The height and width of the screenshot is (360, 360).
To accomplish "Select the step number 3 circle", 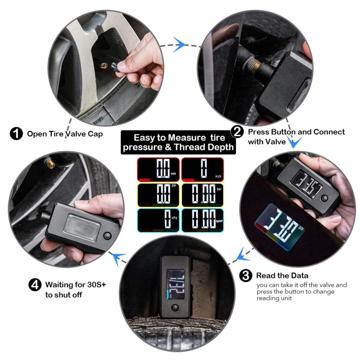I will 246,276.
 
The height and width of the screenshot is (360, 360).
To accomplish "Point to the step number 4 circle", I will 35,285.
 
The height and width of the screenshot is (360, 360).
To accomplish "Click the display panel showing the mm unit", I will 158,169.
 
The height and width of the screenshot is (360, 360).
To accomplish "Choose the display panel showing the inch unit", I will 202,169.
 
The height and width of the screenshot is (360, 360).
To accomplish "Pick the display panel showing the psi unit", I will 158,195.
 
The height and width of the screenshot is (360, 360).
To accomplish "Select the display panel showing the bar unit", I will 202,195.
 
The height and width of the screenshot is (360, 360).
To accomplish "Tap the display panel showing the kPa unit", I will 158,220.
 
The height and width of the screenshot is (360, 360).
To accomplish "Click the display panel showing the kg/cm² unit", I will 202,220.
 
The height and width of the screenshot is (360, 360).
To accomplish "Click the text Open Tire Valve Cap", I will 65,134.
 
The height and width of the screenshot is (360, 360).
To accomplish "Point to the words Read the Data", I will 282,276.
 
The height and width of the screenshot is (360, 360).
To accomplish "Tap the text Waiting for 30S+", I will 76,285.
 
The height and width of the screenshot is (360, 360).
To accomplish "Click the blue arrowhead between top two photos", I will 180,43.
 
